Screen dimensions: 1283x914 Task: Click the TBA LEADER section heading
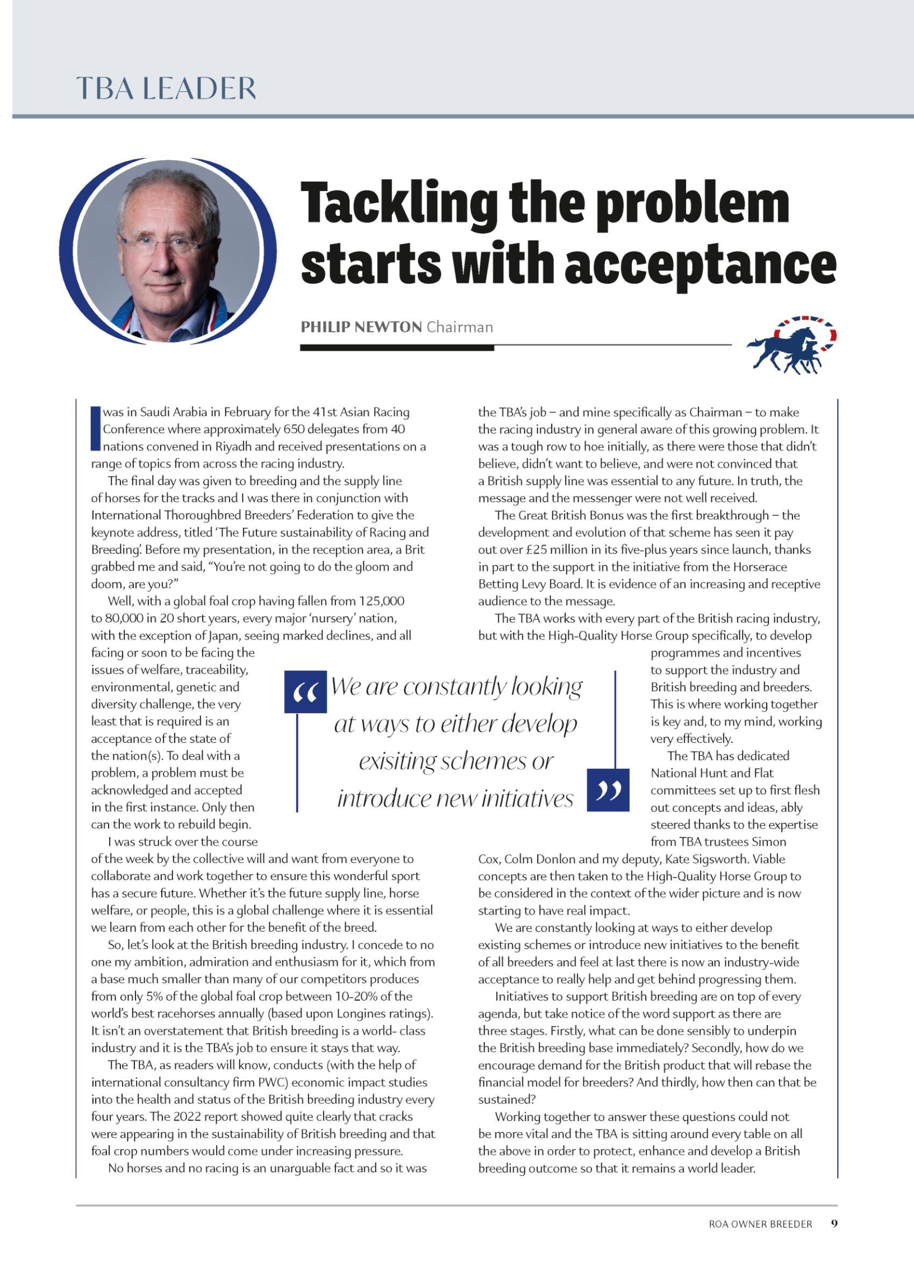pyautogui.click(x=166, y=88)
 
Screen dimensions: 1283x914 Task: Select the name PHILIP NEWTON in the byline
pyautogui.click(x=361, y=327)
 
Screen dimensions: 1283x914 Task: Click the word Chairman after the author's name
pyautogui.click(x=459, y=327)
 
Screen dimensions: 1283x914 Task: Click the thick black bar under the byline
pyautogui.click(x=397, y=348)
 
